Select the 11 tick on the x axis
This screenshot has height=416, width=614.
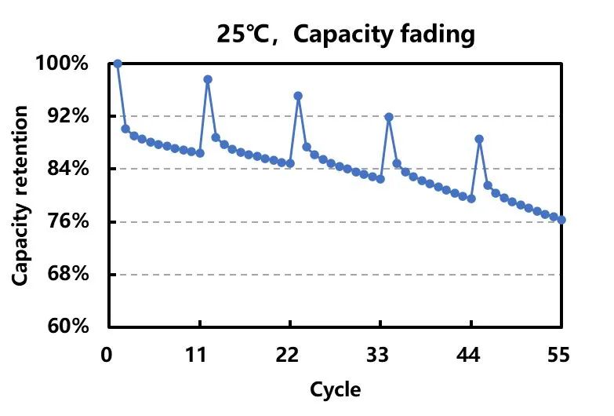click(x=199, y=355)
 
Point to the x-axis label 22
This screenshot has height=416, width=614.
click(x=289, y=355)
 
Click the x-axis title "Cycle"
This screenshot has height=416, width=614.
click(x=336, y=389)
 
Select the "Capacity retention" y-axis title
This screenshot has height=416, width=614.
click(x=21, y=195)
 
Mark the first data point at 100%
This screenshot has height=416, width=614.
click(x=118, y=64)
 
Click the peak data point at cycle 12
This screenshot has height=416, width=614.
click(x=208, y=79)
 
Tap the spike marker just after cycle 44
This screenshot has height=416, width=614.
click(x=479, y=139)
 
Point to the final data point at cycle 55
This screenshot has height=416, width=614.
click(x=561, y=220)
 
